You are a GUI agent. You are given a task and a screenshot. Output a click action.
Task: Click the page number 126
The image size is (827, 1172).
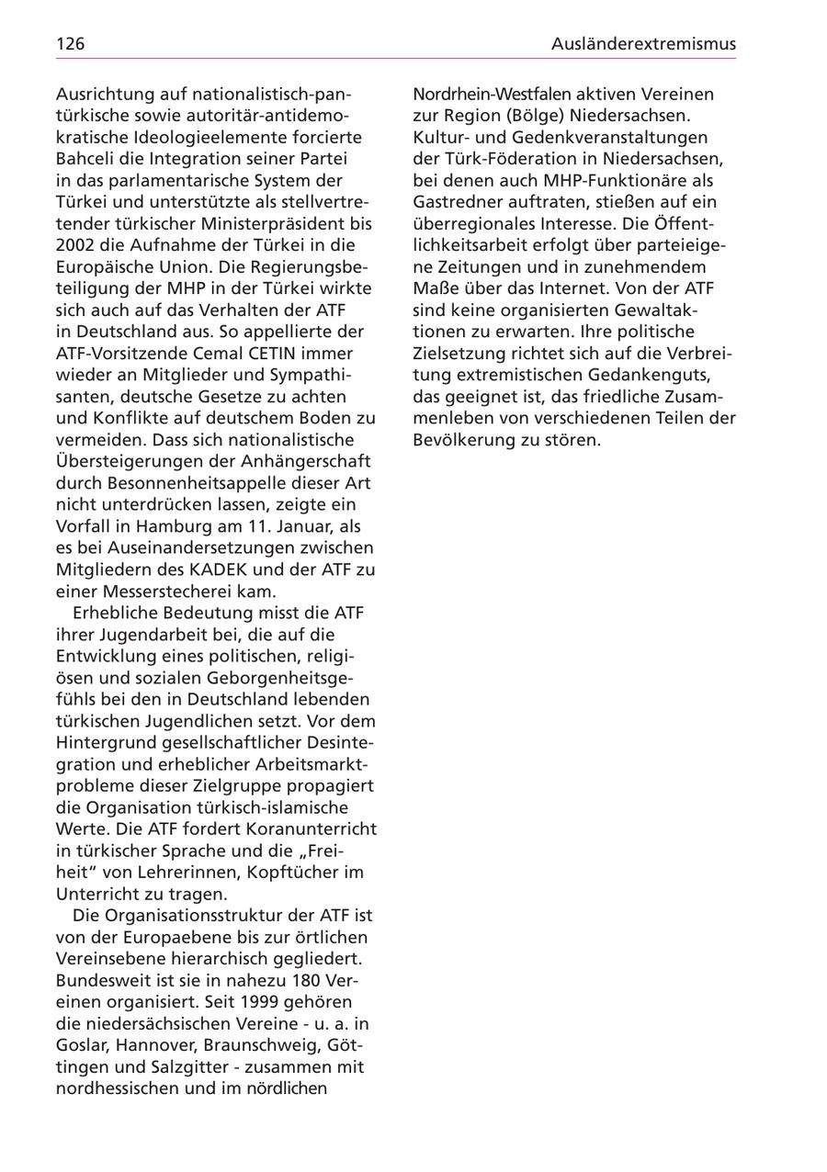pyautogui.click(x=71, y=44)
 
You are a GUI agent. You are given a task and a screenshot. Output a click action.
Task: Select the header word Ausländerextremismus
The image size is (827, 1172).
pyautogui.click(x=643, y=44)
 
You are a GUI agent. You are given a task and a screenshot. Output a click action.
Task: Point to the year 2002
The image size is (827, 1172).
pyautogui.click(x=76, y=245)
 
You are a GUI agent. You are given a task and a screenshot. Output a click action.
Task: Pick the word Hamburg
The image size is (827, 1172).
pyautogui.click(x=178, y=526)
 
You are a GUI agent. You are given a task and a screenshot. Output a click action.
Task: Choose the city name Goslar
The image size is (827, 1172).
pyautogui.click(x=81, y=1045)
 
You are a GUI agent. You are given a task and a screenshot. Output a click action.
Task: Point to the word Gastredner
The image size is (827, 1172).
pyautogui.click(x=458, y=202)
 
